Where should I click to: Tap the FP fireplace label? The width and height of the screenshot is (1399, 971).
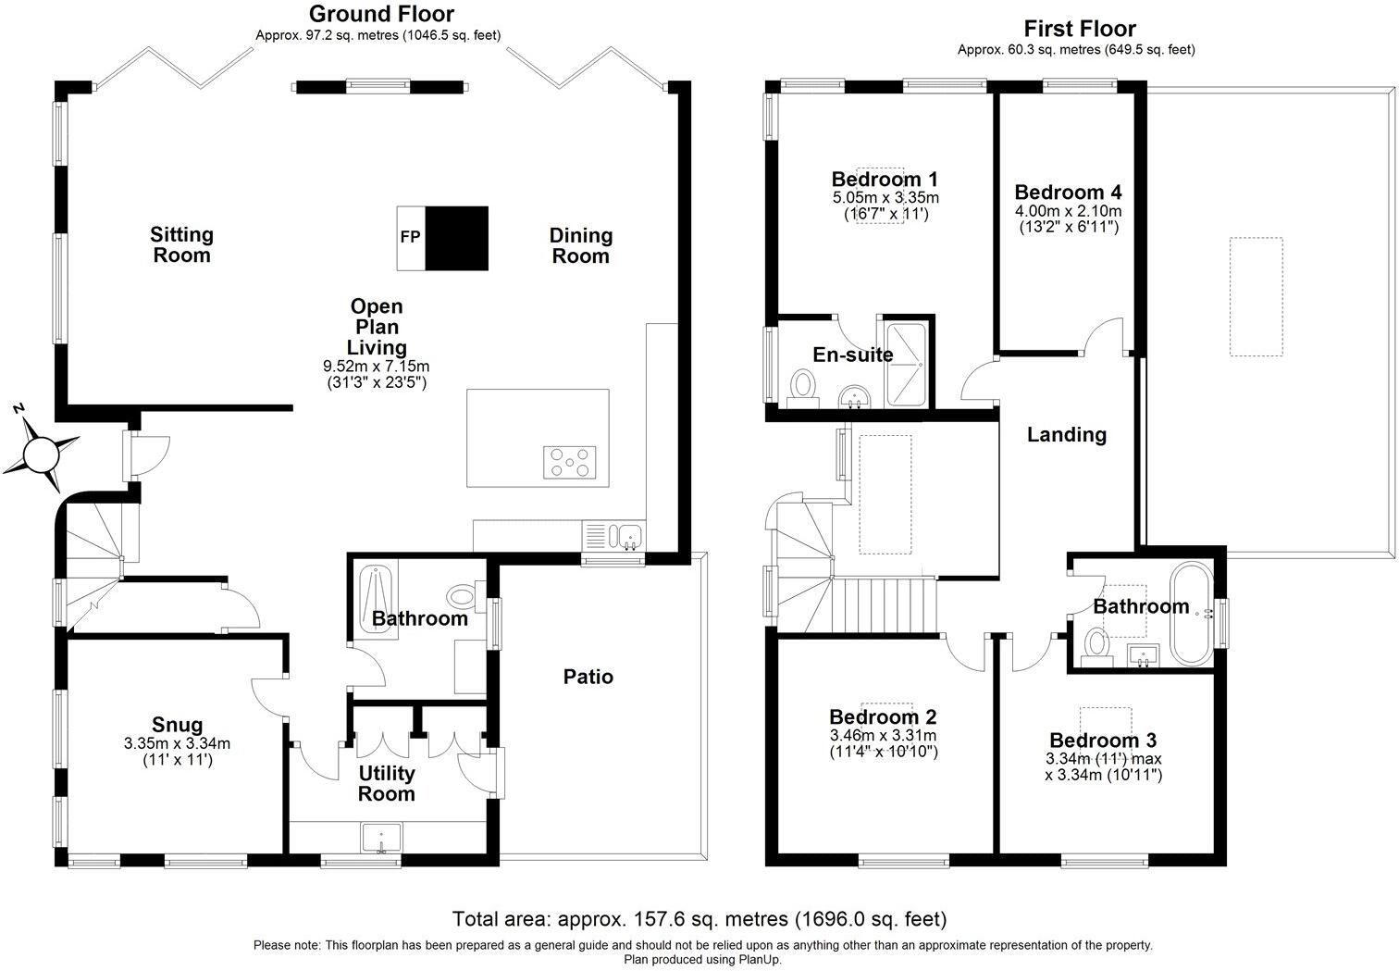pos(410,237)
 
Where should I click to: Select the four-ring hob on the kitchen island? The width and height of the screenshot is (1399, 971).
pos(570,461)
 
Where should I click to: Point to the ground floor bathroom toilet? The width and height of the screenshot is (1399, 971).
pos(461,593)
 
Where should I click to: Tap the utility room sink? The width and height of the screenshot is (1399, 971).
pos(381,838)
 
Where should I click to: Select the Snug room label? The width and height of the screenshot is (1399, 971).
pos(177,725)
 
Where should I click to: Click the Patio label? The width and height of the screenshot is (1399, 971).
pos(588,677)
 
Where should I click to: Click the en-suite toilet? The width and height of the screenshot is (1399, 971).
pos(802,386)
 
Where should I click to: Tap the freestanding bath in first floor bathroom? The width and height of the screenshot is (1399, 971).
pos(1189,613)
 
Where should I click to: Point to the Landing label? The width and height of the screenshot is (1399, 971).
pos(1066,434)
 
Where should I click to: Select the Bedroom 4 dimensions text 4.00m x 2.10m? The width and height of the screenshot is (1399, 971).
pos(1069,210)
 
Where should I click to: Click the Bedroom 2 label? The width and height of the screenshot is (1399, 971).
pos(883,716)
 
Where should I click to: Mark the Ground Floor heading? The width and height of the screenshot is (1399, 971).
pos(380,14)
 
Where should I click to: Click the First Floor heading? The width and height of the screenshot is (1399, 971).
pos(1079,28)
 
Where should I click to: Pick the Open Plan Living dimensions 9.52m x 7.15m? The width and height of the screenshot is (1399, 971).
pos(377,367)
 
